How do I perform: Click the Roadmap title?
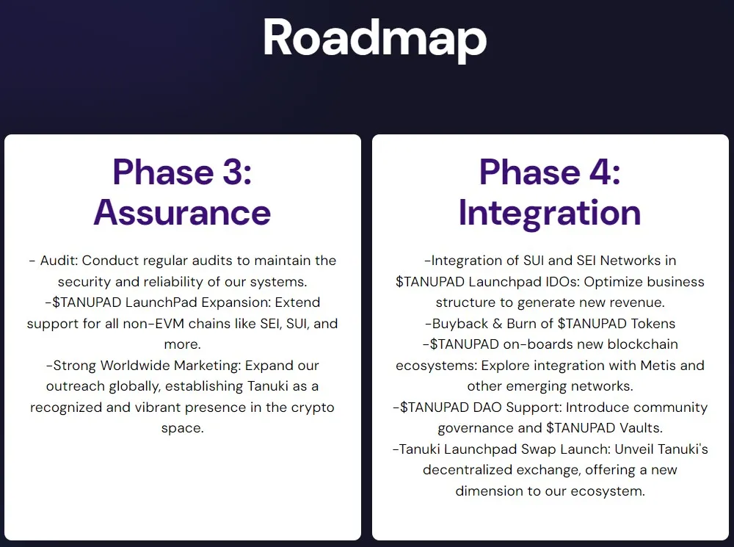(374, 38)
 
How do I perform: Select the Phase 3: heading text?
(182, 173)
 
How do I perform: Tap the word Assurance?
(182, 212)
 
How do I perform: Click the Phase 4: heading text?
(550, 173)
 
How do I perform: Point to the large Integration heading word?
(550, 212)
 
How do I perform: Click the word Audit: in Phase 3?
(59, 261)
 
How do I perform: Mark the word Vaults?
(642, 428)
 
